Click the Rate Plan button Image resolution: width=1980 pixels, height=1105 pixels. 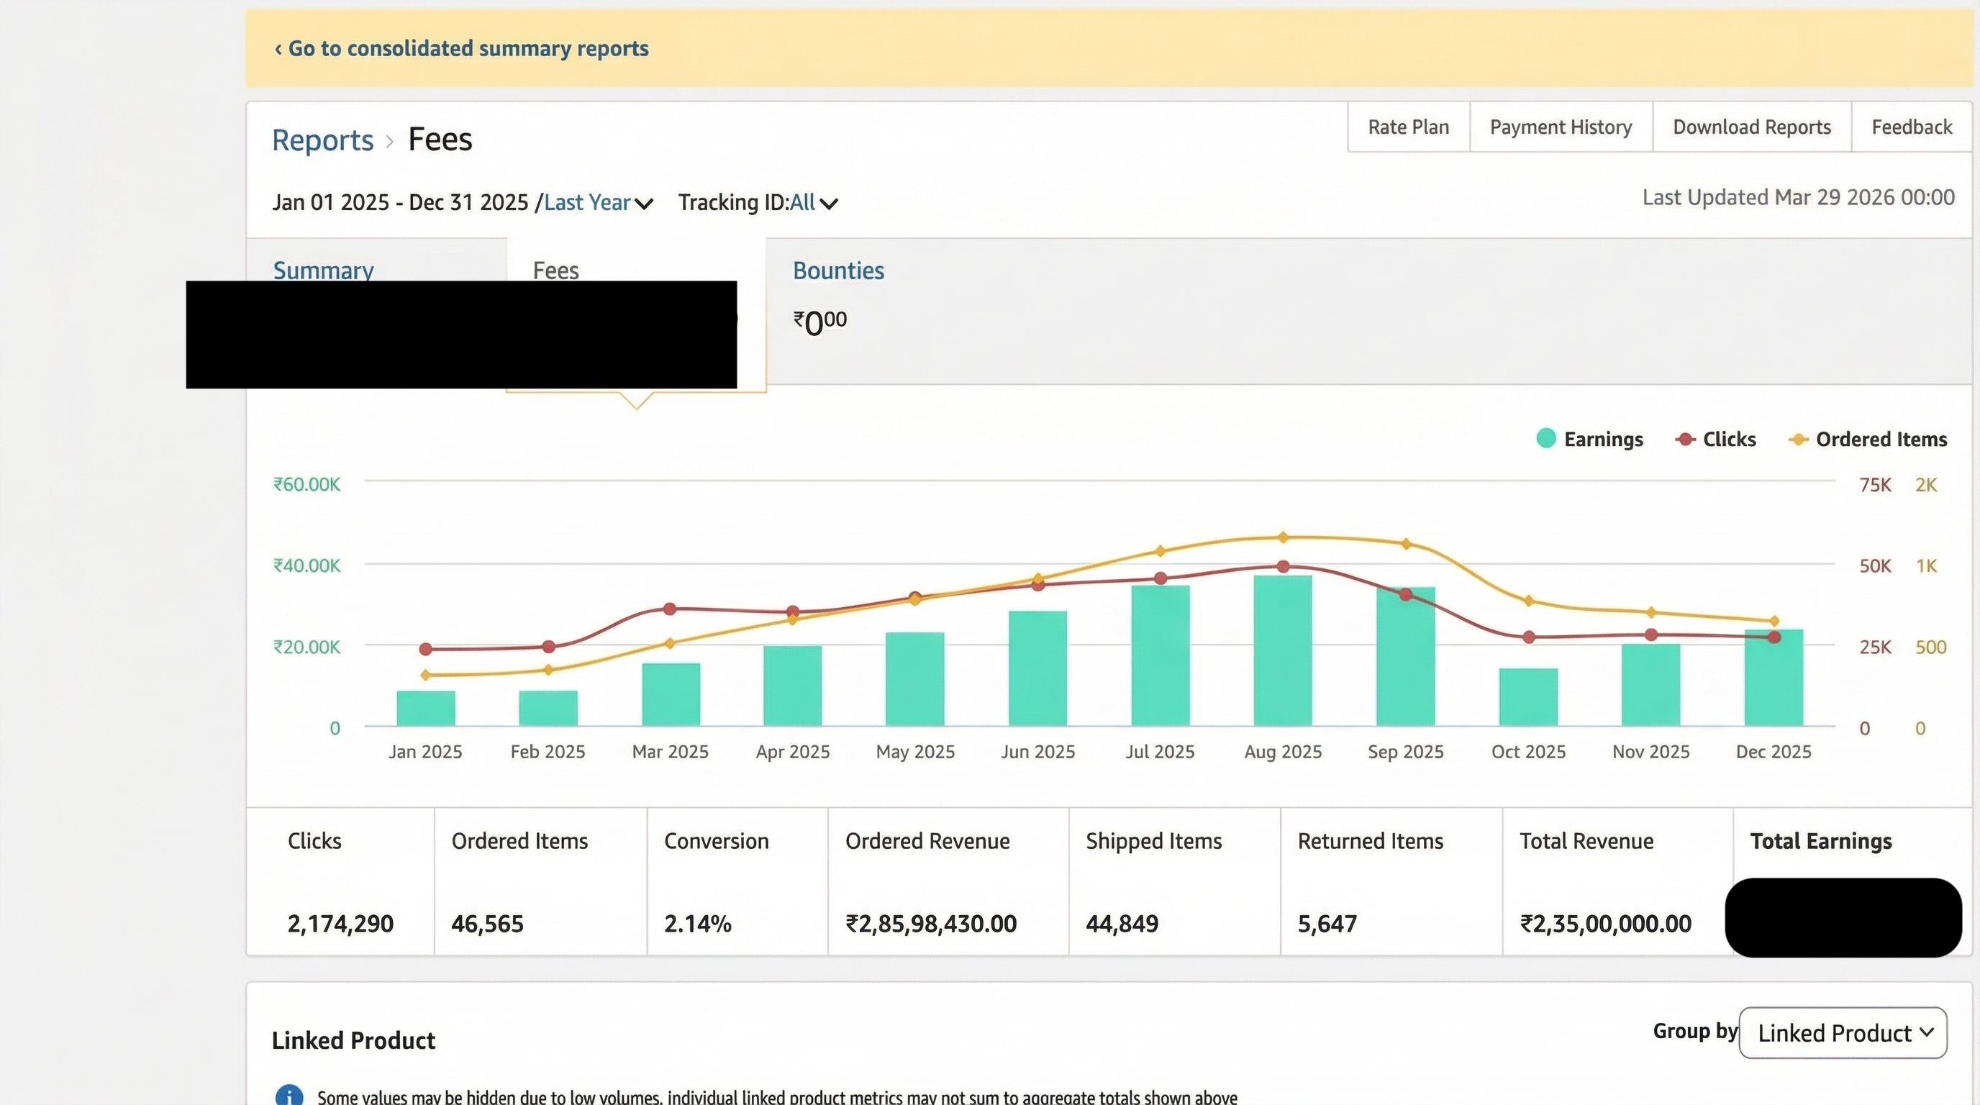click(x=1408, y=127)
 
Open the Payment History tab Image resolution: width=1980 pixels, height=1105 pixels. click(x=1561, y=127)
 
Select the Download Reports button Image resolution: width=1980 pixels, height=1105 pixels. click(x=1752, y=127)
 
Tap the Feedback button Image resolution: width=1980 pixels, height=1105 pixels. click(x=1912, y=127)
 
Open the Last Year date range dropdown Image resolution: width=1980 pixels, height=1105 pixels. click(x=598, y=203)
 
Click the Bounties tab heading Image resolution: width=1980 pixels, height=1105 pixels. click(x=837, y=270)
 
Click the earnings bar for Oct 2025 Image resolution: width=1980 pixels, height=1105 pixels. click(x=1528, y=697)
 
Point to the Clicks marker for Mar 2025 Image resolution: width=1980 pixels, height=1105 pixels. click(x=670, y=609)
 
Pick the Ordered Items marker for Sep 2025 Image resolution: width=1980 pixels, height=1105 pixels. click(x=1406, y=544)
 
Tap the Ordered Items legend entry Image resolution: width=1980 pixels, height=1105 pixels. click(x=1868, y=439)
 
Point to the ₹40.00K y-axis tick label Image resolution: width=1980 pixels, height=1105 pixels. click(x=306, y=565)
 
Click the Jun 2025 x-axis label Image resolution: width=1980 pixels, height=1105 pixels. click(x=1037, y=752)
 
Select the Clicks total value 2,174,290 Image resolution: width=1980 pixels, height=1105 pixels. click(x=340, y=923)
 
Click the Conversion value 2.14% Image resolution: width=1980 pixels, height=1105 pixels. click(x=697, y=923)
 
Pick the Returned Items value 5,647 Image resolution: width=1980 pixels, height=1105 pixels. click(x=1327, y=923)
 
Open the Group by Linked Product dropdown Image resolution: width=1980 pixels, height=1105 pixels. click(x=1843, y=1033)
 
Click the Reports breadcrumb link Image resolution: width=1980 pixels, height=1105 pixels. click(x=322, y=140)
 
